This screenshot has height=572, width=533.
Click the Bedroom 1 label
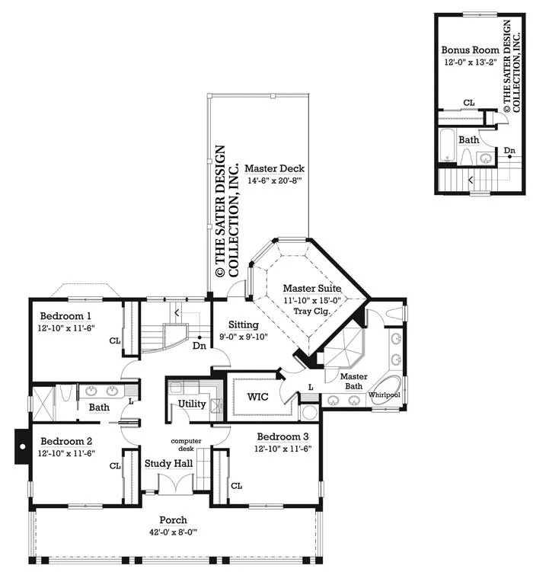(x=65, y=316)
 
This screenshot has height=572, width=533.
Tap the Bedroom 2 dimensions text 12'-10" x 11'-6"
(x=66, y=453)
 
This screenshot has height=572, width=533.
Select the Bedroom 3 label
(x=282, y=436)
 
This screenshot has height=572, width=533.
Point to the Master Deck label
(x=274, y=168)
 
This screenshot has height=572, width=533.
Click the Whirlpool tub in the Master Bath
(x=387, y=390)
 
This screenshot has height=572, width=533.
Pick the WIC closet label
(x=257, y=397)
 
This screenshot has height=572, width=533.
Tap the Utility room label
(x=192, y=404)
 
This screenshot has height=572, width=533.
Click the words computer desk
(x=186, y=445)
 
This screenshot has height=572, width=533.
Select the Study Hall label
(x=168, y=464)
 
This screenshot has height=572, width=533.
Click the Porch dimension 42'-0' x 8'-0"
(x=173, y=532)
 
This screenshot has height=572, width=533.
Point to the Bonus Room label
(x=471, y=50)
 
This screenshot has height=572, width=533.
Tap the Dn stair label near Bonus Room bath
(x=509, y=150)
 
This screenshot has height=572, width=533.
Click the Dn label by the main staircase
(x=199, y=346)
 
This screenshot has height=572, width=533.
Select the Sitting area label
(x=244, y=324)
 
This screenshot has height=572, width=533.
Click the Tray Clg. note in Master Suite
(x=311, y=312)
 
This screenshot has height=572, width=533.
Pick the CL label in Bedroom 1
(x=115, y=340)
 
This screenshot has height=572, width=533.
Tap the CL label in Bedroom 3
(x=236, y=486)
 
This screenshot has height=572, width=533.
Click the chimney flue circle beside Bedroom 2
(x=23, y=446)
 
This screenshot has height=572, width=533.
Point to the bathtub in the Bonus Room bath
(x=447, y=145)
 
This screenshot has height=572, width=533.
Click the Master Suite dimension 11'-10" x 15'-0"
(x=312, y=301)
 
